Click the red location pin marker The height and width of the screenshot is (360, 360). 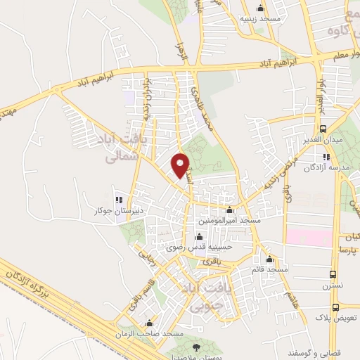pos(181,165)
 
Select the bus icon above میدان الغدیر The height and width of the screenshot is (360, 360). pos(323,129)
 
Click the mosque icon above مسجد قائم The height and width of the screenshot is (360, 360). pos(269,259)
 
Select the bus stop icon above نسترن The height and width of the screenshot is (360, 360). pos(333,276)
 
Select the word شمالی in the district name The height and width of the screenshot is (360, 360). pos(117,159)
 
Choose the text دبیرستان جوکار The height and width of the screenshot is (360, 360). pos(120,210)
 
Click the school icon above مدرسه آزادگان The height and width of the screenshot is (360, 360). pos(326,157)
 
